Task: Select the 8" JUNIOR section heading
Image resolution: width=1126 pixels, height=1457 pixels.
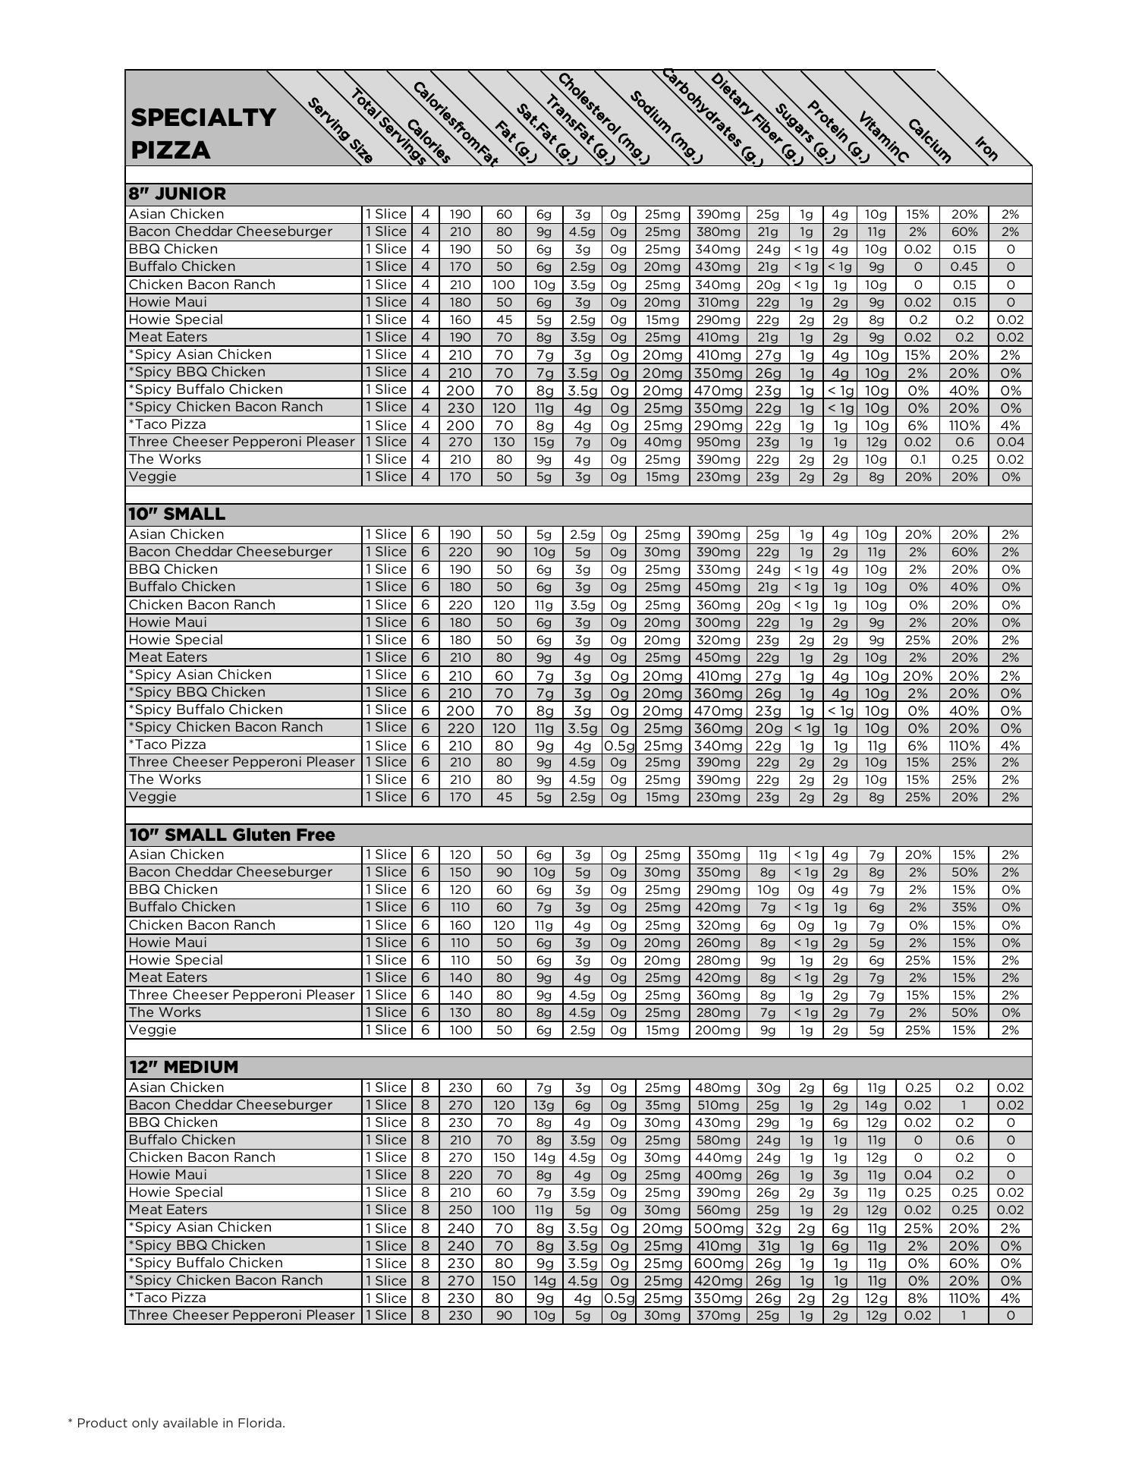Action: [x=178, y=194]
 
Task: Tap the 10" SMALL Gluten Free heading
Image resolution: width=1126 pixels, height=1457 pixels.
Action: [x=231, y=835]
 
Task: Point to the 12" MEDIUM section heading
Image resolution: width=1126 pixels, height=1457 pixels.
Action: [x=184, y=1067]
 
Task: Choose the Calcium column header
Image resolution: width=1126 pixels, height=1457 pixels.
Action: [x=929, y=141]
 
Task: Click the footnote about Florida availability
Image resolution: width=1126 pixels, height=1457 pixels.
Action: [x=177, y=1423]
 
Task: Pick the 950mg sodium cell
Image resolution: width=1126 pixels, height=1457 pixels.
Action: [x=718, y=442]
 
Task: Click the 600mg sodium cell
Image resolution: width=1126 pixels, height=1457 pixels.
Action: [x=718, y=1263]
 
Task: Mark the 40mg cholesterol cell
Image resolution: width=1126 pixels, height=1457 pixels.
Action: [x=662, y=442]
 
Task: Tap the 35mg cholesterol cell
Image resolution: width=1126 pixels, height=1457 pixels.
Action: [x=662, y=1106]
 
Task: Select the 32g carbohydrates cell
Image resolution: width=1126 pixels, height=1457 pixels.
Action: [x=768, y=1229]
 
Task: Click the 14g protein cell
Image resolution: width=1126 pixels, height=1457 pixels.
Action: [x=876, y=1106]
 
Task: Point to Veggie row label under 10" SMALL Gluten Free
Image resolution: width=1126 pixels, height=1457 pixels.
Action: [x=153, y=1030]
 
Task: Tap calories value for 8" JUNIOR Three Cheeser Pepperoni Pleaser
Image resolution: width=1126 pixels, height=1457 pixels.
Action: [x=460, y=442]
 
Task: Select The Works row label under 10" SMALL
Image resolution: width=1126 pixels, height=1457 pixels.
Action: [x=165, y=779]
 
